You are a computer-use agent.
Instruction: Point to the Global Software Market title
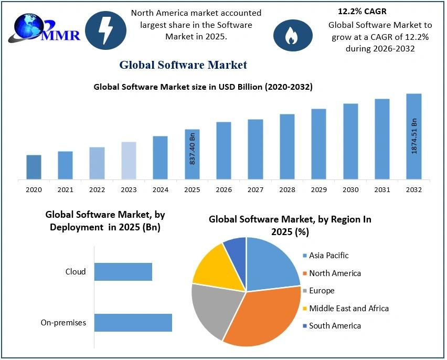pyautogui.click(x=183, y=65)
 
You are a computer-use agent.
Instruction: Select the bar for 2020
pyautogui.click(x=34, y=167)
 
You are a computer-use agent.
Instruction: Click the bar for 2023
pyautogui.click(x=129, y=161)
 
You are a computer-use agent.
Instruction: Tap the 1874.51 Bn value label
pyautogui.click(x=414, y=135)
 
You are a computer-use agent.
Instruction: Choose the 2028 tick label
pyautogui.click(x=287, y=189)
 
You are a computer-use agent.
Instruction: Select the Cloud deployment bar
pyautogui.click(x=123, y=272)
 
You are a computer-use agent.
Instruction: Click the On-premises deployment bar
pyautogui.click(x=133, y=323)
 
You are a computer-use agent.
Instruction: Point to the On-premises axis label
pyautogui.click(x=63, y=323)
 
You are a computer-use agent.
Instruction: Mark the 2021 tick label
pyautogui.click(x=66, y=189)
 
